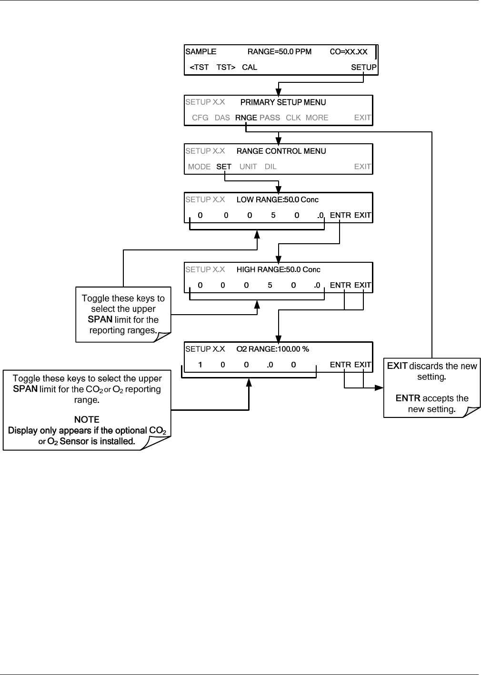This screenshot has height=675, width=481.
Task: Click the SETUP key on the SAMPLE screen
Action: (x=363, y=67)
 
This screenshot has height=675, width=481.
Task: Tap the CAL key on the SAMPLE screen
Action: (x=250, y=67)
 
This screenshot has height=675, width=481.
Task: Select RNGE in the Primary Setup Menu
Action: (x=246, y=118)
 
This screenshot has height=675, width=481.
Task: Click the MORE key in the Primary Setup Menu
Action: (x=317, y=118)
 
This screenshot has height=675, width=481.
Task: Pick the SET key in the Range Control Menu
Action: (x=224, y=167)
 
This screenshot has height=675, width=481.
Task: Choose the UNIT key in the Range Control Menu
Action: (x=248, y=167)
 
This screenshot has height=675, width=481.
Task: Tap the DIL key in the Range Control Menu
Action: (x=271, y=167)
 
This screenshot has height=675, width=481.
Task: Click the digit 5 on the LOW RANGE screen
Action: (x=273, y=215)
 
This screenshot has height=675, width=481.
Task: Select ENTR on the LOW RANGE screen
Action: (x=340, y=215)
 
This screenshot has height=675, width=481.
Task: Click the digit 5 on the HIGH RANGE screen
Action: (x=270, y=285)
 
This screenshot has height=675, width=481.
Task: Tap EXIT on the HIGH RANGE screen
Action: (x=362, y=285)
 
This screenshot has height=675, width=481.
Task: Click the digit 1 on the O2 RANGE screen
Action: (x=200, y=365)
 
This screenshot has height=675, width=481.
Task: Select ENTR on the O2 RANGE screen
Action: (x=340, y=365)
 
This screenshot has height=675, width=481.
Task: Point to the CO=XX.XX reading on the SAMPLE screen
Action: (x=349, y=51)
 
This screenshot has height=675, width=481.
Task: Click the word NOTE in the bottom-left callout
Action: (x=87, y=419)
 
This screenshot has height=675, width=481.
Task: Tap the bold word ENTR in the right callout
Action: (x=408, y=398)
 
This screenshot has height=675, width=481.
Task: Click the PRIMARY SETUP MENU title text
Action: (x=283, y=102)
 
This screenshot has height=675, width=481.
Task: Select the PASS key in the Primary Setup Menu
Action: (x=270, y=118)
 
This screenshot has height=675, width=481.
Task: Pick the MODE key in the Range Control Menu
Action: (x=200, y=167)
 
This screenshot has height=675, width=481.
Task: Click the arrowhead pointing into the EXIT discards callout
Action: (x=379, y=388)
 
